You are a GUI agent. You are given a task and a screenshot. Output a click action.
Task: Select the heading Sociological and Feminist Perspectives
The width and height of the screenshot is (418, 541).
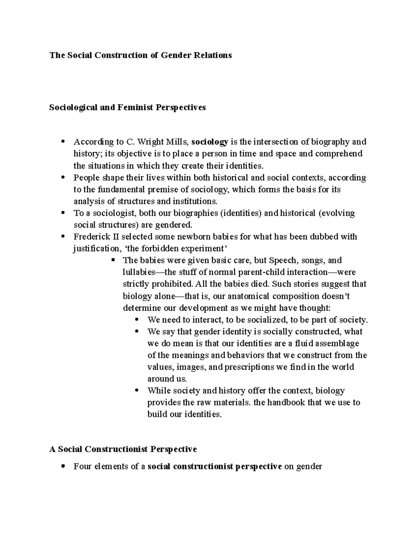127,107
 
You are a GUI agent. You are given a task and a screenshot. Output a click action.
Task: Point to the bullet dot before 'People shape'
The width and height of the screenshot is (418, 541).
63,177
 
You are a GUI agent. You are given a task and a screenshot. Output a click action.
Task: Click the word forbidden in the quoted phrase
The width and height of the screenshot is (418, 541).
157,249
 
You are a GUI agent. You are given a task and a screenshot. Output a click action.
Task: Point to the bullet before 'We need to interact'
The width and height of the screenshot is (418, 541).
137,319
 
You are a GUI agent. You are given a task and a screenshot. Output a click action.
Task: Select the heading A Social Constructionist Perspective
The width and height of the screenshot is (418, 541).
123,449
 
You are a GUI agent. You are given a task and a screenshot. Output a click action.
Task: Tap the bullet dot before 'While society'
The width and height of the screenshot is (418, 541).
137,391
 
